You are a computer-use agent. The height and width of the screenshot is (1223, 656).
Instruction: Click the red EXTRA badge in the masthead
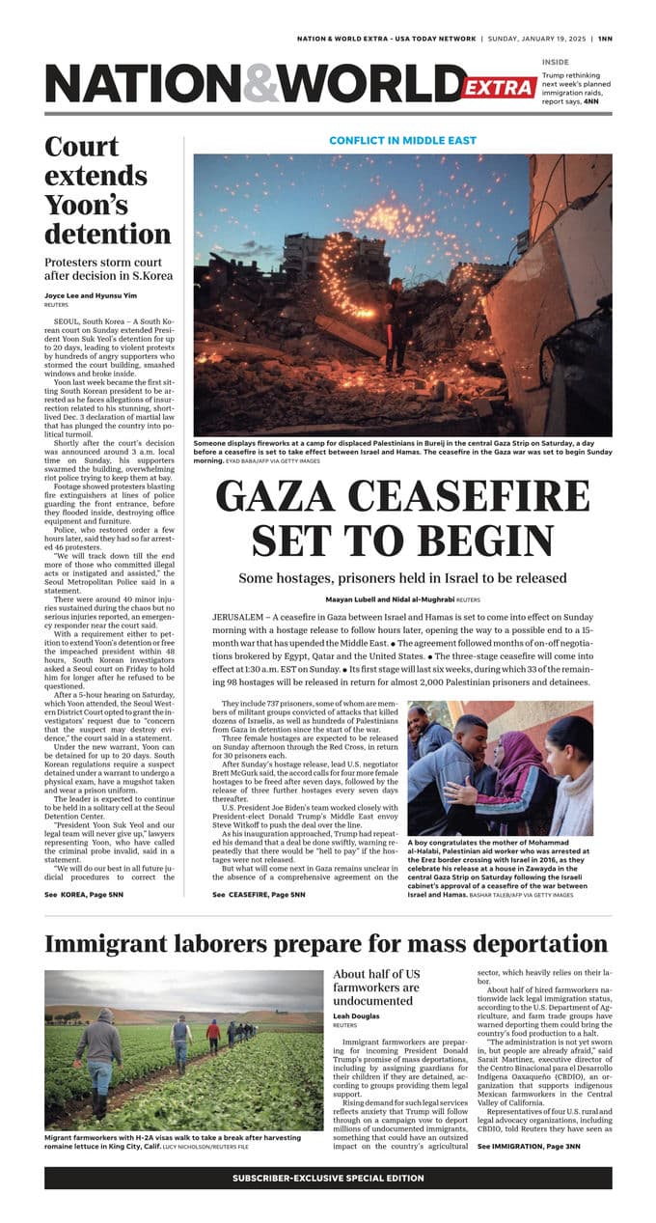[x=499, y=88]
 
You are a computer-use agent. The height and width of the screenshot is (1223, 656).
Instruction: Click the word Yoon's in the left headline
[x=86, y=205]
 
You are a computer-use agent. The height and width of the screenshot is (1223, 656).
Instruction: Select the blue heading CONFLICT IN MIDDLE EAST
[x=402, y=140]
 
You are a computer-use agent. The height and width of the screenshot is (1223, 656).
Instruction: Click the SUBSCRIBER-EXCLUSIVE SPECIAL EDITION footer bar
[x=328, y=1178]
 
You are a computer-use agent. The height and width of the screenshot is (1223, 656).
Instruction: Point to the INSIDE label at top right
[x=555, y=62]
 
